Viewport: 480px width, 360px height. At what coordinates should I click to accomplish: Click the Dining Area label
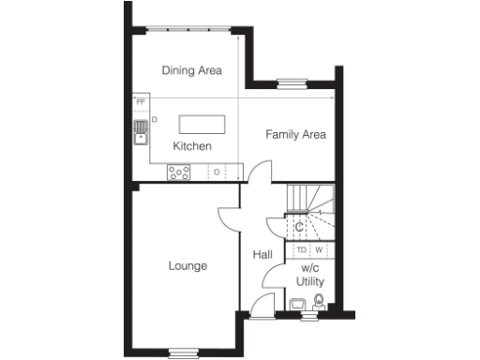pyautogui.click(x=191, y=69)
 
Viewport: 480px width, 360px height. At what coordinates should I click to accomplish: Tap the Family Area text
pyautogui.click(x=295, y=134)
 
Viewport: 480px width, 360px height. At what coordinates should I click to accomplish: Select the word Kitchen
pyautogui.click(x=192, y=146)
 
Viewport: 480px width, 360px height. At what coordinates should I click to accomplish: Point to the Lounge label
pyautogui.click(x=187, y=265)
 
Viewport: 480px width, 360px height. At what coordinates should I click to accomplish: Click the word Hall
pyautogui.click(x=262, y=254)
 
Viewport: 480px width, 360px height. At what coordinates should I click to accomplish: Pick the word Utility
pyautogui.click(x=310, y=280)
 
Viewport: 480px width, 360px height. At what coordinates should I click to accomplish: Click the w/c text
pyautogui.click(x=310, y=267)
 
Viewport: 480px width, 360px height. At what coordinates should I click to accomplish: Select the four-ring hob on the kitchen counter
pyautogui.click(x=178, y=172)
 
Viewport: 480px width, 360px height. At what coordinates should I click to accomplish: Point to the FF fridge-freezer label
pyautogui.click(x=141, y=101)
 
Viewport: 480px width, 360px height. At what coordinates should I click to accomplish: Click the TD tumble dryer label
pyautogui.click(x=301, y=249)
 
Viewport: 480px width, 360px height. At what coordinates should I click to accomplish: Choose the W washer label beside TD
pyautogui.click(x=319, y=249)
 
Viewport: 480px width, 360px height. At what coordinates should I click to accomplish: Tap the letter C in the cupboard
pyautogui.click(x=299, y=227)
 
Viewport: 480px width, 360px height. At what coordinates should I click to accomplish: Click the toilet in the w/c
pyautogui.click(x=319, y=302)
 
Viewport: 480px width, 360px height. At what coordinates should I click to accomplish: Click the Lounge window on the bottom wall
pyautogui.click(x=184, y=352)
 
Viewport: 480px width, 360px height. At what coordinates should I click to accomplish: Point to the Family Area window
pyautogui.click(x=291, y=82)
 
